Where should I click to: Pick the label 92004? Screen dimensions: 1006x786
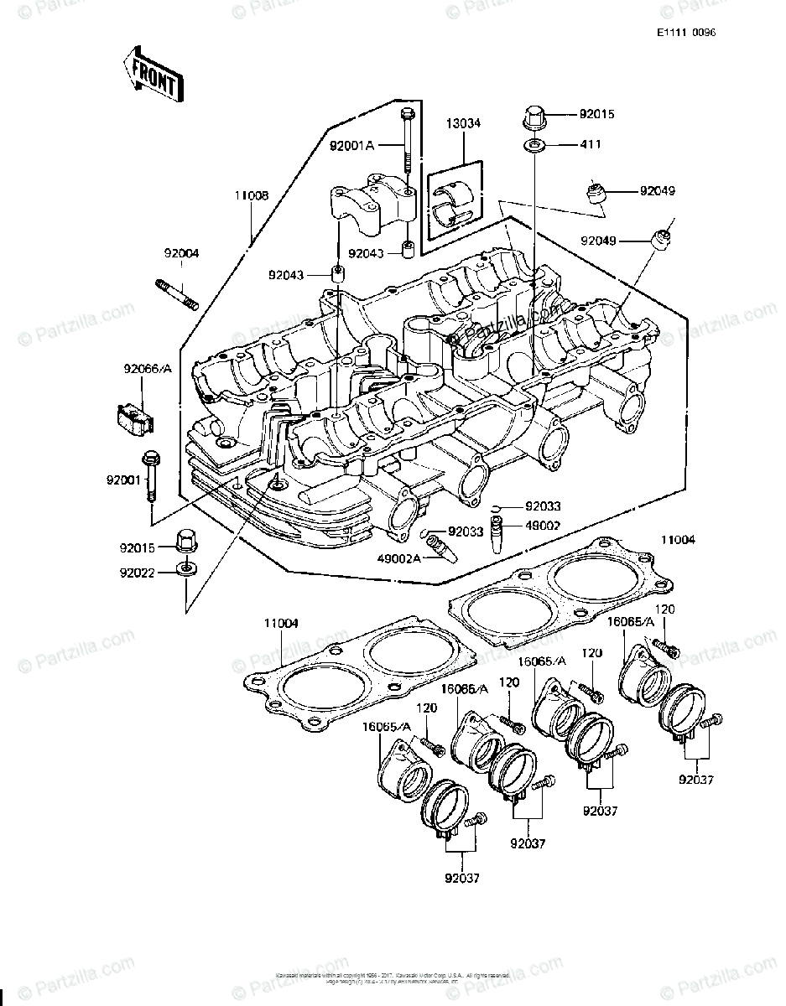[x=180, y=252]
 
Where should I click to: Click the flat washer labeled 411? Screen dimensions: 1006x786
[x=534, y=147]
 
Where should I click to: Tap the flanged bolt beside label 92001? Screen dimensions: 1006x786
[x=151, y=474]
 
